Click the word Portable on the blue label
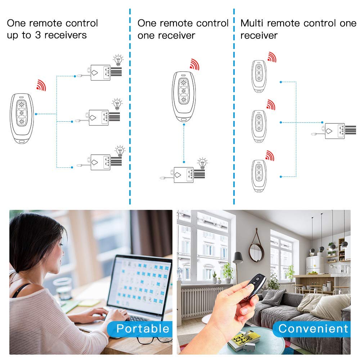pos(143,328)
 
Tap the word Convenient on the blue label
pos(313,328)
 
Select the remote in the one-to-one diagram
pos(184,96)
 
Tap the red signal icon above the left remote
pos(41,85)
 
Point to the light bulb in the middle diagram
pos(202,163)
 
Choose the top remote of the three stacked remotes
pos(259,76)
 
